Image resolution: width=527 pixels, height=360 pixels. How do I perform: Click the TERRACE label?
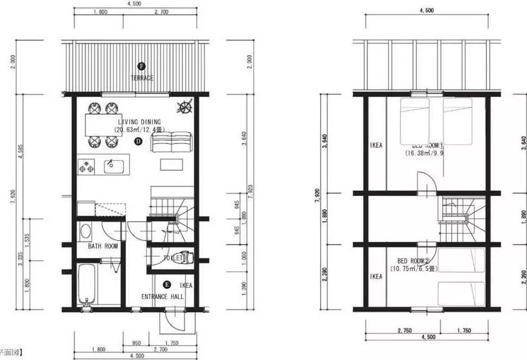(x=141, y=78)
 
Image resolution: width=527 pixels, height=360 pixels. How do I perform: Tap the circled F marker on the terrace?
(x=141, y=66)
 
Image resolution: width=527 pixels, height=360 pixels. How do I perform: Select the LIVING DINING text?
(x=139, y=122)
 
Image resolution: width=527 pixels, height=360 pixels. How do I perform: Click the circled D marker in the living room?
(x=138, y=141)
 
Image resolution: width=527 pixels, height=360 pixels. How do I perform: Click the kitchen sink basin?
(x=113, y=166)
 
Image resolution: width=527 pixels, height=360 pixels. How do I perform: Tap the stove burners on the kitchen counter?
(x=85, y=167)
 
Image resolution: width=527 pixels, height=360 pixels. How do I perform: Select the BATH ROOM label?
(x=102, y=246)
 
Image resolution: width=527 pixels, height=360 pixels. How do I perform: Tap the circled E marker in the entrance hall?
(x=167, y=284)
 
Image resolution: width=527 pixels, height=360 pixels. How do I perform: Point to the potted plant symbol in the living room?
(x=185, y=107)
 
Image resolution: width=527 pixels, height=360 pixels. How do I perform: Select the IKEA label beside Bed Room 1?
(x=376, y=145)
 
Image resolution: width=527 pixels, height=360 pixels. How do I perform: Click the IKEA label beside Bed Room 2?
(x=376, y=276)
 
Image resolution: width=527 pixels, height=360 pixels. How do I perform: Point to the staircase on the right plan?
(x=461, y=219)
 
